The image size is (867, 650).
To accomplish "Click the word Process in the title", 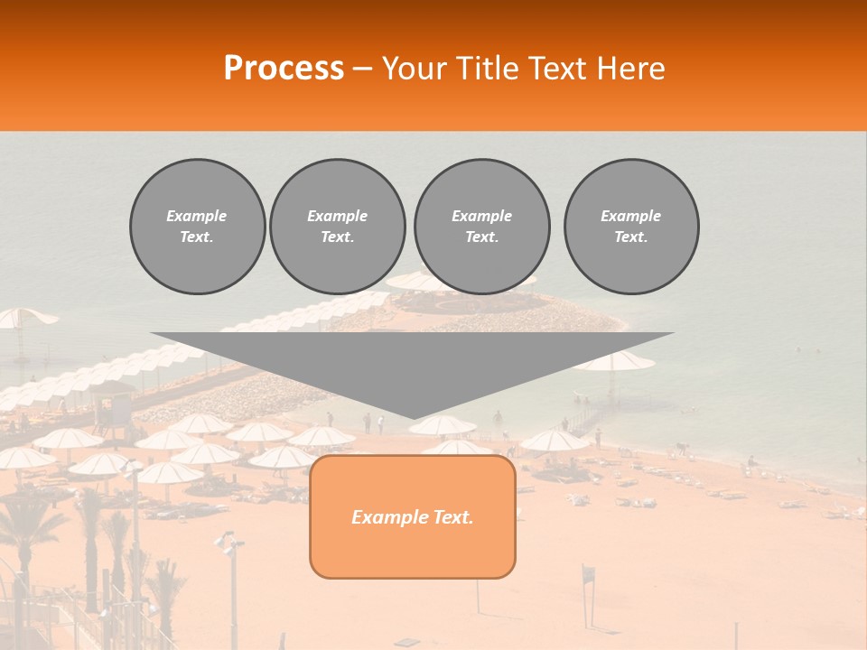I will click(x=284, y=68).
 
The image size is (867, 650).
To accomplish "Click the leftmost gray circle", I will click(x=197, y=227).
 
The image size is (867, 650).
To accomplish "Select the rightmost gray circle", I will click(x=631, y=227).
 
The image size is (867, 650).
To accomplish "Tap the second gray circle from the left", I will click(x=337, y=227).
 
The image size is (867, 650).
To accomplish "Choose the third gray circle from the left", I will click(x=481, y=227).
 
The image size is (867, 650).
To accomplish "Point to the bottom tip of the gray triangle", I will click(x=413, y=417).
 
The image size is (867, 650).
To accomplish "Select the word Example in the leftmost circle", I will click(x=197, y=216).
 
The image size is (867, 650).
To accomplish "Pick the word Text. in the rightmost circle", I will click(x=631, y=237).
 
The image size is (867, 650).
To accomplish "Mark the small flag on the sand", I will click(x=589, y=574).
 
